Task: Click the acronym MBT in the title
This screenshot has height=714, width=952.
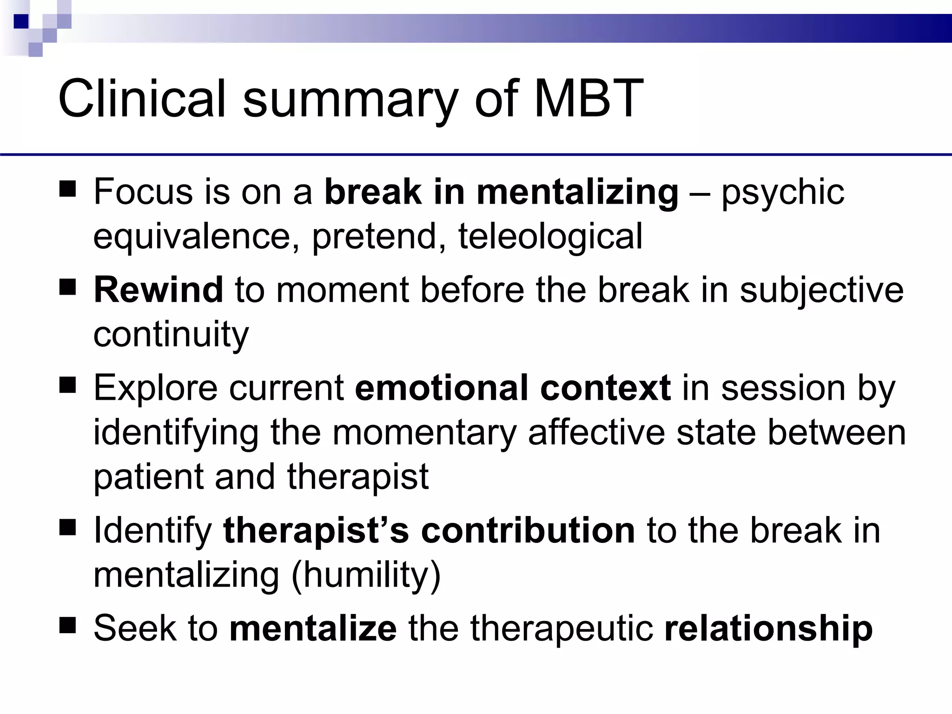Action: click(x=588, y=99)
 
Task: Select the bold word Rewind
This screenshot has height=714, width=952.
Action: click(x=159, y=290)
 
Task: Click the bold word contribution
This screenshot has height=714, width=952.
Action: click(x=528, y=530)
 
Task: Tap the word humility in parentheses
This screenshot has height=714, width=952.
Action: click(x=366, y=575)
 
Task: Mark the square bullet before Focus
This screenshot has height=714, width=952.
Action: click(x=67, y=190)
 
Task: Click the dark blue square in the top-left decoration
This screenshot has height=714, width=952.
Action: click(x=21, y=21)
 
